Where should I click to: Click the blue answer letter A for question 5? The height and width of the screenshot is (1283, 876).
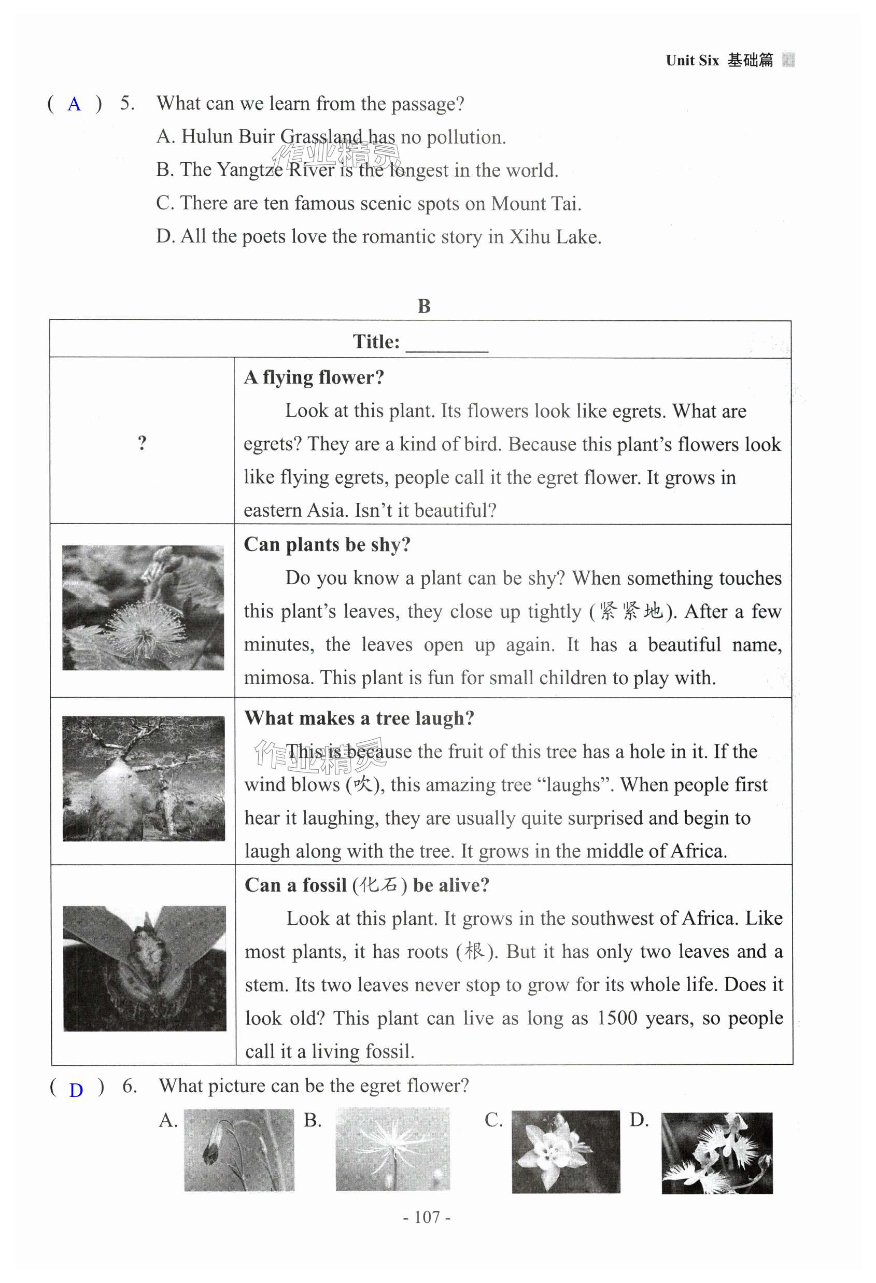point(74,104)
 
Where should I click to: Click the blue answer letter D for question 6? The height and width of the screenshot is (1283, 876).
point(76,1090)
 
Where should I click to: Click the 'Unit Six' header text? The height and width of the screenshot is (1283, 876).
point(692,60)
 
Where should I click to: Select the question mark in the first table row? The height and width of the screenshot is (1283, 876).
point(143,443)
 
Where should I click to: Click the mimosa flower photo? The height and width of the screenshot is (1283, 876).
point(143,607)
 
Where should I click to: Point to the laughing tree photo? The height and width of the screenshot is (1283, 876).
point(144,779)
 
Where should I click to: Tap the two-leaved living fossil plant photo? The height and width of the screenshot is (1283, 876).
point(145,968)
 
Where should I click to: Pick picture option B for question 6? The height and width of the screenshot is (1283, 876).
point(392,1149)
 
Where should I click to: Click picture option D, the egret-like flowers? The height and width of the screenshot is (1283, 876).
point(716,1153)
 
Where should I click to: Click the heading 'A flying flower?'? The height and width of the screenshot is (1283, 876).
point(314,377)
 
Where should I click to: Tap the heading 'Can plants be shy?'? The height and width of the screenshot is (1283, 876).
point(327,544)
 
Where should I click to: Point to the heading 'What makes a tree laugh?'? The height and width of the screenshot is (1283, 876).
point(359,717)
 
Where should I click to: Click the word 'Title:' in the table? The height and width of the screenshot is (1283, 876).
point(376,342)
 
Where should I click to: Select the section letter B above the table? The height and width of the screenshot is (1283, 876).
point(424,306)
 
